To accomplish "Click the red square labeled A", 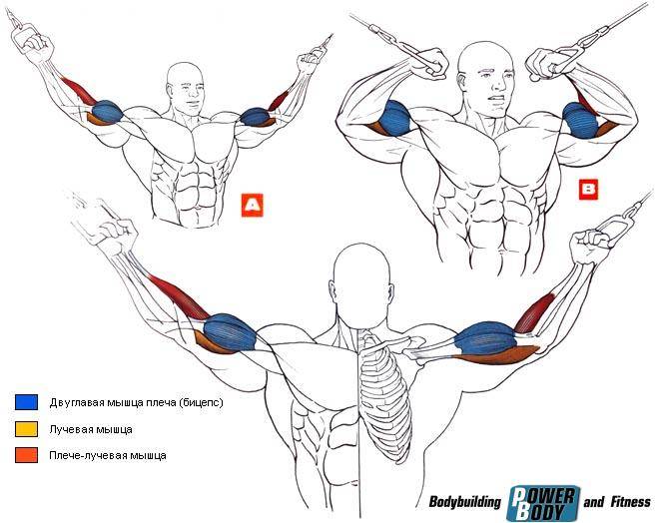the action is coord(253,205).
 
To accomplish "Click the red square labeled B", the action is coord(588,190).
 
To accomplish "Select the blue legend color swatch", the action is coord(26,402).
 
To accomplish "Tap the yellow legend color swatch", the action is coord(26,429).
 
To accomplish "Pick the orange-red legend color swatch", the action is coord(26,455).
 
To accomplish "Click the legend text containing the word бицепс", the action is coord(136,402).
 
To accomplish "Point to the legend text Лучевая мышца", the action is coord(91,429).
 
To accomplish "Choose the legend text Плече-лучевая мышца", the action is coord(108,455).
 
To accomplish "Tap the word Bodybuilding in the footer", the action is coord(465,502).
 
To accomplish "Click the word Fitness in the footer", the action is coord(630,501).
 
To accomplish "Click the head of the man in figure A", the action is coord(185,87).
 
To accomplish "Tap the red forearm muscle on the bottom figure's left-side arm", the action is coord(179,296).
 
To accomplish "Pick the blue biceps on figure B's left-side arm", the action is coord(394,118).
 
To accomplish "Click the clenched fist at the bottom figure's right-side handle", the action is coord(589,245).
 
